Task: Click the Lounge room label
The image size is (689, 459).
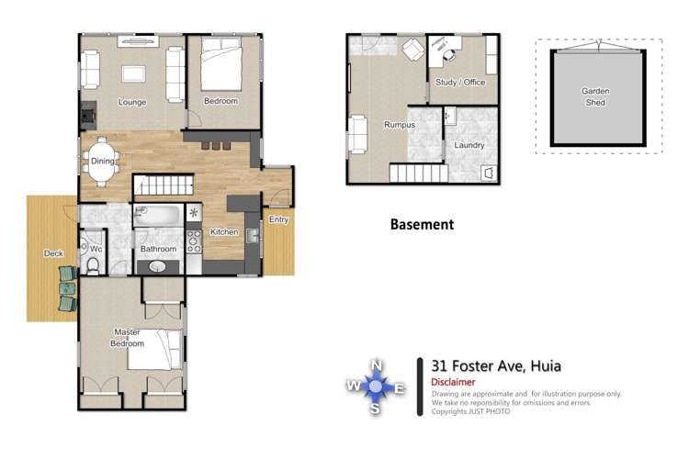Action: point(132,102)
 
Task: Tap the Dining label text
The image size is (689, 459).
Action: point(103,162)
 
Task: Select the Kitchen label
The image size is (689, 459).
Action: point(224,232)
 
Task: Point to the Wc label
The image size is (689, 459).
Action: point(96,249)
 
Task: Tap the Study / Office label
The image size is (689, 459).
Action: point(460,83)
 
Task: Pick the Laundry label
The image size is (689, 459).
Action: point(469,145)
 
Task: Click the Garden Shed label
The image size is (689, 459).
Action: point(595,96)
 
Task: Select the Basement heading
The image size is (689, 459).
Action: point(422,224)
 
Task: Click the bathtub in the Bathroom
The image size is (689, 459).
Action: point(158,217)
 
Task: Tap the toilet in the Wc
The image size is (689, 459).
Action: point(93,265)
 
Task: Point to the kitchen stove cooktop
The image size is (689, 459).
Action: point(194,241)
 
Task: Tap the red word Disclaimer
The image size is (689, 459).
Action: point(453,382)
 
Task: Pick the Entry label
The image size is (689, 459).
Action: point(278,219)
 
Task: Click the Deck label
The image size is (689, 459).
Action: point(53,254)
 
